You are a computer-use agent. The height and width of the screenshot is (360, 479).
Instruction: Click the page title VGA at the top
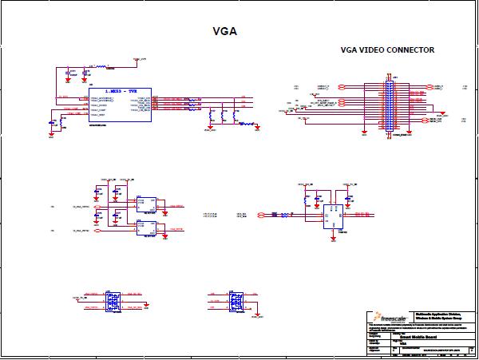pyautogui.click(x=225, y=32)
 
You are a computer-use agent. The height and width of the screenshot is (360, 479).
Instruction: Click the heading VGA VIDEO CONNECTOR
pyautogui.click(x=387, y=50)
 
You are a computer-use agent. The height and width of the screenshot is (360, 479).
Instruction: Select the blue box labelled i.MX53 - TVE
pyautogui.click(x=119, y=105)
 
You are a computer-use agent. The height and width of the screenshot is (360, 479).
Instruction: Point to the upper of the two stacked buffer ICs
pyautogui.click(x=148, y=204)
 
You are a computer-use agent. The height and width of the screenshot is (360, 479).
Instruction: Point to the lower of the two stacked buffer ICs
pyautogui.click(x=148, y=227)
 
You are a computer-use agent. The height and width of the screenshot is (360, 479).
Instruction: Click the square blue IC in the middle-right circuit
pyautogui.click(x=333, y=214)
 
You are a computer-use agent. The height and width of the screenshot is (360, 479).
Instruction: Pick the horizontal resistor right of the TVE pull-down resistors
pyautogui.click(x=247, y=124)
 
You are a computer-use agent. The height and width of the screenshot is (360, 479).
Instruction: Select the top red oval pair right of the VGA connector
pyautogui.click(x=429, y=85)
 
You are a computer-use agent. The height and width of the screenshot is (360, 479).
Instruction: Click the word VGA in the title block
pyautogui.click(x=404, y=343)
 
